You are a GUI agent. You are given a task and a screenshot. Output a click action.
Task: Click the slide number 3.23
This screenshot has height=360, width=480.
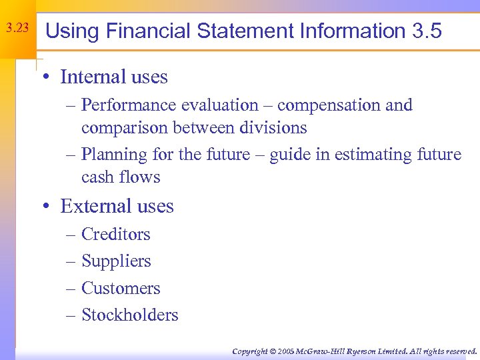coord(17,29)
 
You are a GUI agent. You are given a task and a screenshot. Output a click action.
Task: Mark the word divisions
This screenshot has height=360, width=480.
coord(275,127)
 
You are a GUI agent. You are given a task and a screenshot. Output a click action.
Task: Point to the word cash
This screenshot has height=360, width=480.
coord(97,177)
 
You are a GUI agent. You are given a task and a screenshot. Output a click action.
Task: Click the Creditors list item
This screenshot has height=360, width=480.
coord(116,235)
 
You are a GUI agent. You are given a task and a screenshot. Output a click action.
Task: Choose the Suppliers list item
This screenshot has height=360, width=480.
coord(116,261)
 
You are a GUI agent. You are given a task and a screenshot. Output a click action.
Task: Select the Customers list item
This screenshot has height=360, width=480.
coord(121,289)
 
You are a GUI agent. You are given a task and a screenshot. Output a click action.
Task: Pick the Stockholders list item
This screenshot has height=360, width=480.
coord(129,315)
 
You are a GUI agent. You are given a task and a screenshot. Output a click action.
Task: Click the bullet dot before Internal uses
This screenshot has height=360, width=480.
coord(45,78)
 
